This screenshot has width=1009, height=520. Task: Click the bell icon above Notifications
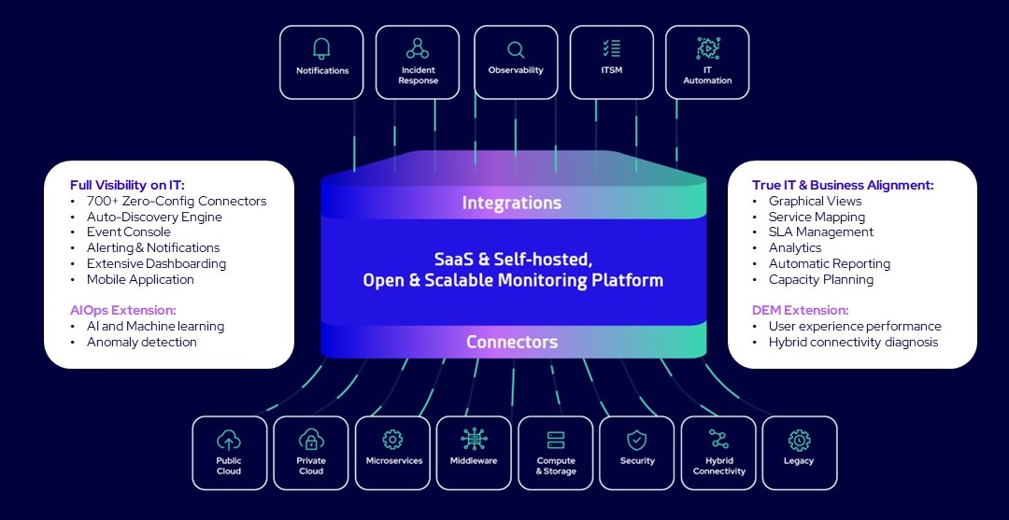coord(322,49)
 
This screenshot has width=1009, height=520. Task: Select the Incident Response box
coord(418,62)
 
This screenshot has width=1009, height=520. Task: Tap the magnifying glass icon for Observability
coord(516,49)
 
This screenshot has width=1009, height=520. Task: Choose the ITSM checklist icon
coord(612,49)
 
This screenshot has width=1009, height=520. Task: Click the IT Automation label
coord(707,76)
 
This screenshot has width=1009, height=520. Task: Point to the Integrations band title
coord(512,203)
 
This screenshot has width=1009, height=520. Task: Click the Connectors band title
coord(512,343)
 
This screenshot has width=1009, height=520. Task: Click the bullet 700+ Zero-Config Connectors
coord(177,201)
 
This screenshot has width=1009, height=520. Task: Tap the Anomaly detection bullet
coord(142,342)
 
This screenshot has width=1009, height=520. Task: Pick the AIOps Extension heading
coord(123,310)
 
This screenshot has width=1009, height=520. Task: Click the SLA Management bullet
coord(821,232)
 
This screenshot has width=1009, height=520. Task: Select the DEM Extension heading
coord(800,310)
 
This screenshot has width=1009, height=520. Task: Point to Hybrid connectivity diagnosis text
coord(853,342)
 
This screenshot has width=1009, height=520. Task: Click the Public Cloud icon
coord(229,440)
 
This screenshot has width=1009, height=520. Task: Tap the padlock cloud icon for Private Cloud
coord(311,440)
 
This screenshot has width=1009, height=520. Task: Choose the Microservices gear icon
coord(392,440)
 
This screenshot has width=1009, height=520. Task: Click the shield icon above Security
coord(636,440)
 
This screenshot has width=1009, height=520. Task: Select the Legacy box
coord(799,453)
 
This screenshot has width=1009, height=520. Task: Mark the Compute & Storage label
coord(556,466)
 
